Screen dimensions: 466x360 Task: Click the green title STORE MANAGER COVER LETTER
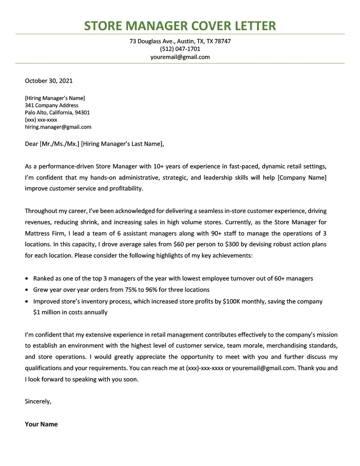pyautogui.click(x=180, y=25)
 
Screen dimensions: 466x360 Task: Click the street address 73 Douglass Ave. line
pyautogui.click(x=180, y=41)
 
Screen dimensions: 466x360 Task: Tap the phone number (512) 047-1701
pyautogui.click(x=180, y=49)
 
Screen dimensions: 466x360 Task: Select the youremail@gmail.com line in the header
pyautogui.click(x=180, y=57)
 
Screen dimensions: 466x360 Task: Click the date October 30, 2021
pyautogui.click(x=49, y=81)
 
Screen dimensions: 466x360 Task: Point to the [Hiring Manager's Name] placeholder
pyautogui.click(x=55, y=98)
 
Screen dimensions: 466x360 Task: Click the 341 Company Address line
pyautogui.click(x=51, y=105)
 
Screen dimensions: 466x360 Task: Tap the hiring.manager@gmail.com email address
pyautogui.click(x=58, y=127)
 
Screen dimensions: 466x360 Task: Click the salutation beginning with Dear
pyautogui.click(x=94, y=144)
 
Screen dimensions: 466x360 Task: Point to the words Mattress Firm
pyautogui.click(x=44, y=233)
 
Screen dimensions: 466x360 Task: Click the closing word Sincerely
pyautogui.click(x=38, y=401)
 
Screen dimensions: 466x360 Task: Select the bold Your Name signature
pyautogui.click(x=41, y=424)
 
